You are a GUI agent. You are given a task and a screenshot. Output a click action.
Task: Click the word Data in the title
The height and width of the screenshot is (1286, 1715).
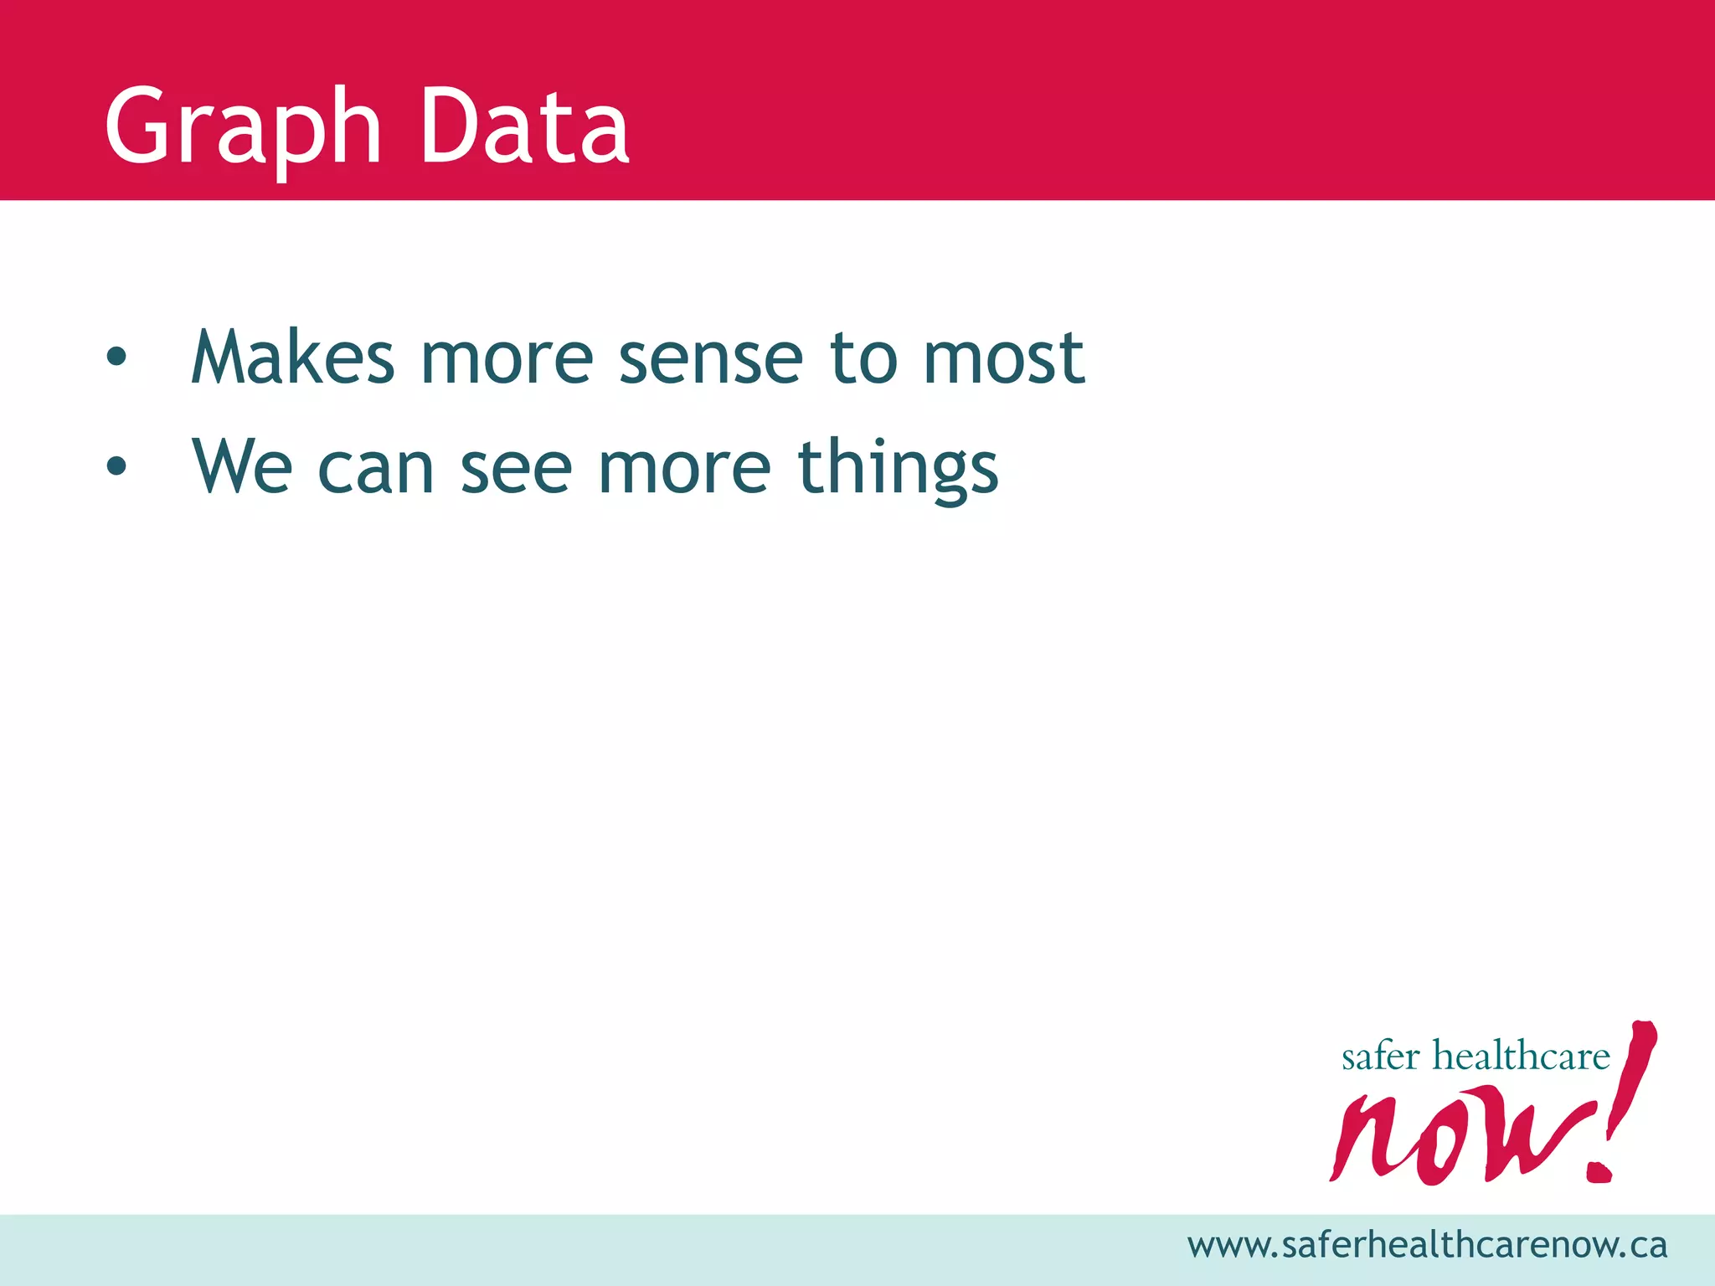(x=524, y=127)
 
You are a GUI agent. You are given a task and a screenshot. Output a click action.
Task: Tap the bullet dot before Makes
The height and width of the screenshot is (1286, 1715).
(x=116, y=358)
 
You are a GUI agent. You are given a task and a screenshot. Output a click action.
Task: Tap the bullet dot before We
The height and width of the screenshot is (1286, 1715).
(x=116, y=466)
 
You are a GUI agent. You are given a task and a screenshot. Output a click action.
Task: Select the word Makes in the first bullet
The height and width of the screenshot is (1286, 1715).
(x=292, y=358)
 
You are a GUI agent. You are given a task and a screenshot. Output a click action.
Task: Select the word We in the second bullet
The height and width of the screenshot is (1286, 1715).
(x=242, y=467)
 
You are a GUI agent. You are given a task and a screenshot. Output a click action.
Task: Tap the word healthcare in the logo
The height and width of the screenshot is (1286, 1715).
(x=1521, y=1056)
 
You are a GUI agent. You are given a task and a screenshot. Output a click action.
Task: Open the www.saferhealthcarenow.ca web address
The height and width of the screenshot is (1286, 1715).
(x=1427, y=1246)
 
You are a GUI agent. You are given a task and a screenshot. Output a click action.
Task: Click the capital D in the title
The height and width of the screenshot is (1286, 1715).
(x=449, y=127)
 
